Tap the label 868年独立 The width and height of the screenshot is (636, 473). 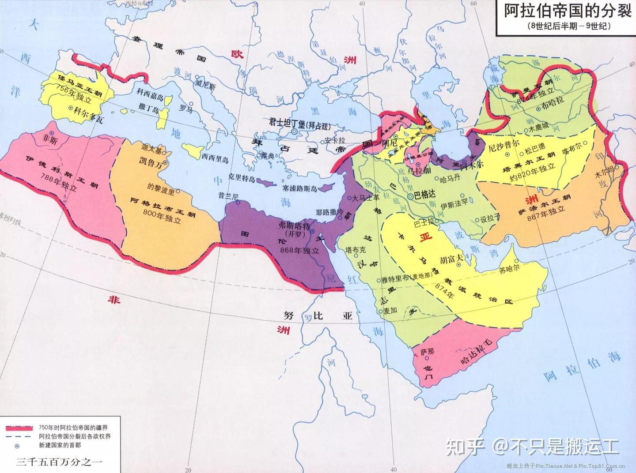coord(299,250)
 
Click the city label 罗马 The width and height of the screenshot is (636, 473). coord(185,108)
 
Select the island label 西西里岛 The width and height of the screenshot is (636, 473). coord(215,158)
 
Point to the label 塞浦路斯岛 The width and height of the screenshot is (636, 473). coord(300,188)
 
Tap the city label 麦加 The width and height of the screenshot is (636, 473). coord(390,311)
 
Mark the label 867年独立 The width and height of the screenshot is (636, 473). coord(546,213)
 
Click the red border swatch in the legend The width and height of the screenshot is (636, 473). coord(19,428)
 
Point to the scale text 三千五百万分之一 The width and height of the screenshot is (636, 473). coord(59,462)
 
